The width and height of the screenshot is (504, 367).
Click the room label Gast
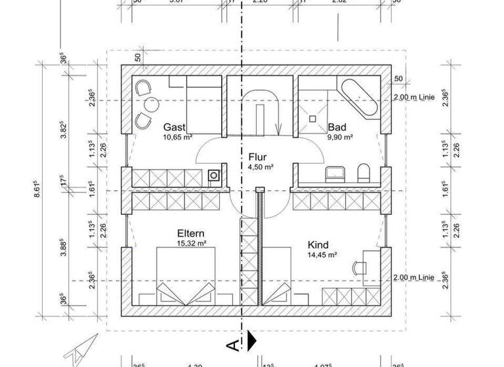pyautogui.click(x=175, y=127)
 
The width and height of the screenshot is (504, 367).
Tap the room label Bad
pyautogui.click(x=337, y=127)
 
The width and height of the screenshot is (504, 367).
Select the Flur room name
pyautogui.click(x=257, y=157)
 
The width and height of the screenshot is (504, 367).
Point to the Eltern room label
pyautogui.click(x=191, y=233)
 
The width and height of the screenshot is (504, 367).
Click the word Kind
pyautogui.click(x=318, y=244)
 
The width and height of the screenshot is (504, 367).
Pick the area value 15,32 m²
pyautogui.click(x=192, y=243)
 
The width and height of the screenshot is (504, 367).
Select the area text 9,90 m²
pyautogui.click(x=340, y=138)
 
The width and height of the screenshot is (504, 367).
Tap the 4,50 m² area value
pyautogui.click(x=261, y=167)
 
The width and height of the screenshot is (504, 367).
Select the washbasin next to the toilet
pyautogui.click(x=337, y=174)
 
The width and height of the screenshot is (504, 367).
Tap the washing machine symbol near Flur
pyautogui.click(x=214, y=176)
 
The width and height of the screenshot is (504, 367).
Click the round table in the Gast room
pyautogui.click(x=152, y=105)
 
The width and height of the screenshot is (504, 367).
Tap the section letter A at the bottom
pyautogui.click(x=232, y=343)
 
